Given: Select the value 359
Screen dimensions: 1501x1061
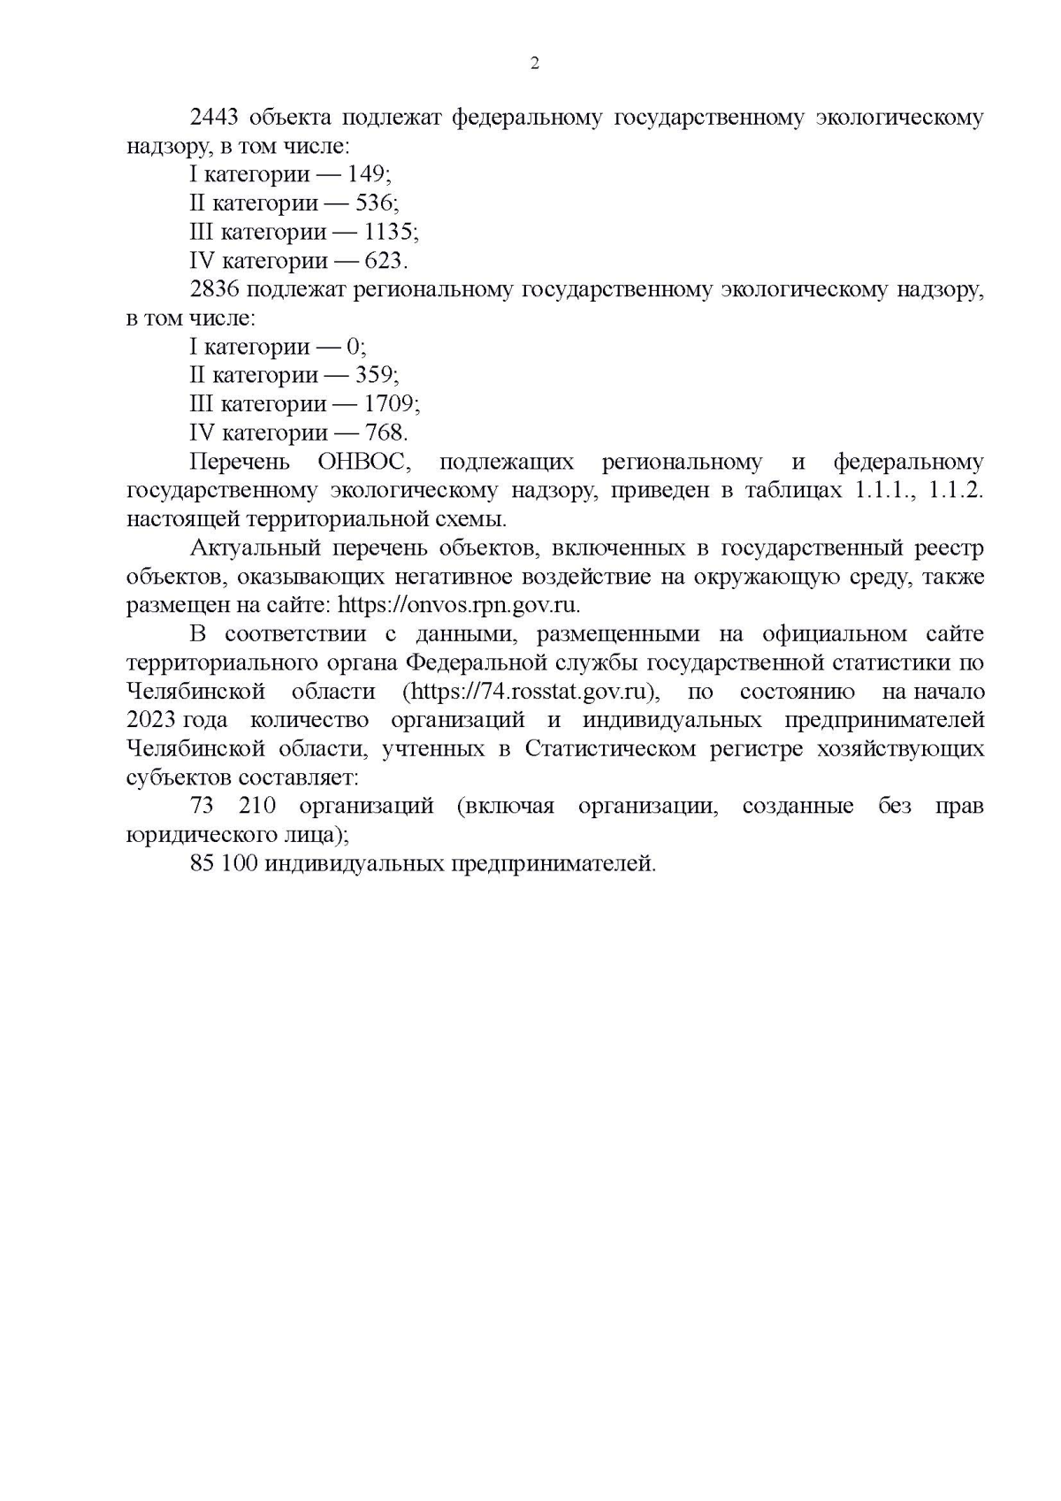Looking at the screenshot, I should click(x=374, y=375).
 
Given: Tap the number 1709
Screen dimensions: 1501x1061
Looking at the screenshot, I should click(x=389, y=404).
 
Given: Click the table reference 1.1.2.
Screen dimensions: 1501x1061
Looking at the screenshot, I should click(x=957, y=490).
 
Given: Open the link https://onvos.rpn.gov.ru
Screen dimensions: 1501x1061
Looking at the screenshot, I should click(x=459, y=605).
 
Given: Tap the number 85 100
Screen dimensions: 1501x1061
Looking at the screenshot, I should click(x=224, y=863).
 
